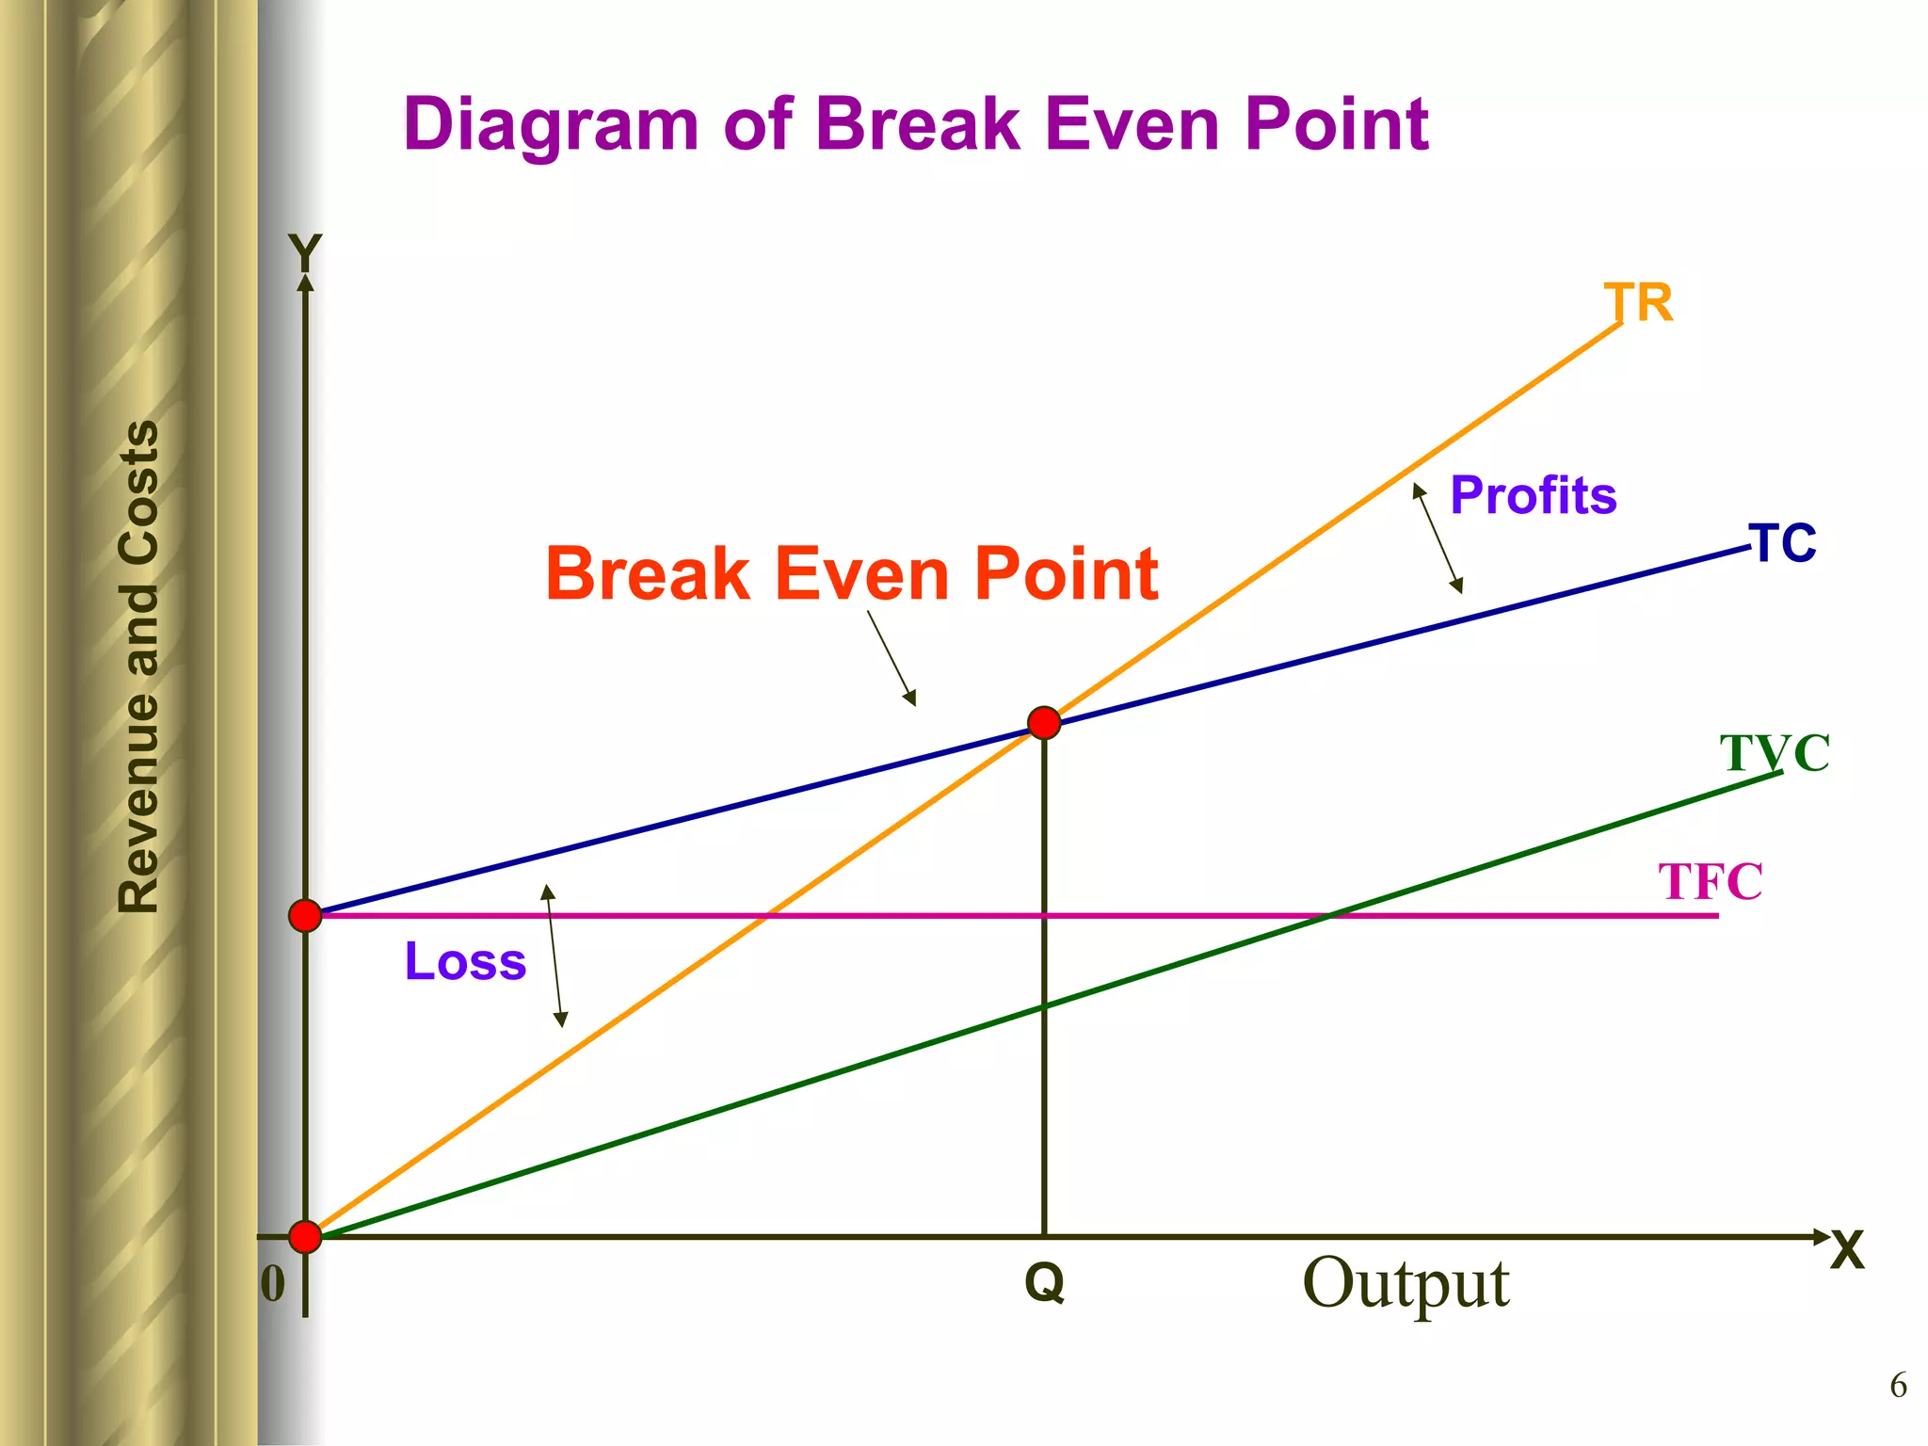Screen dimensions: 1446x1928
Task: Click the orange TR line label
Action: [1638, 303]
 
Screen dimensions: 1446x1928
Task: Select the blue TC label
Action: [1782, 544]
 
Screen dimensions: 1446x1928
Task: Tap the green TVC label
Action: [1775, 753]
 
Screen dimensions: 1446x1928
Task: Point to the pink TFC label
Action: [1710, 882]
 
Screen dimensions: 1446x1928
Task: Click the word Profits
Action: [1533, 495]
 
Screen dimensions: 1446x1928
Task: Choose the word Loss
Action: [465, 961]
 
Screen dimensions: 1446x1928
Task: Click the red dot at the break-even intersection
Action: [1044, 723]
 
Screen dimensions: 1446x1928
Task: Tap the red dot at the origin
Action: [305, 1236]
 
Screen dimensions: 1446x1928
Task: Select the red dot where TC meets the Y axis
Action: [305, 915]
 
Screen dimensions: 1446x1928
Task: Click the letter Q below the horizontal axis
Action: [1044, 1282]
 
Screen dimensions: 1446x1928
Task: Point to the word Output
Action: [1406, 1282]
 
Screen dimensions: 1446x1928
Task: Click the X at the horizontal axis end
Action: [1847, 1252]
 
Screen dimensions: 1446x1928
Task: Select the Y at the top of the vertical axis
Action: [305, 252]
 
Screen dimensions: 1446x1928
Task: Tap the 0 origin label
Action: [272, 1284]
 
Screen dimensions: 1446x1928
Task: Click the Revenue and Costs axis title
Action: [139, 667]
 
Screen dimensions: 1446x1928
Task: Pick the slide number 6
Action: [1898, 1386]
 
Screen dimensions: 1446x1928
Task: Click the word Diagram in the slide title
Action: [551, 124]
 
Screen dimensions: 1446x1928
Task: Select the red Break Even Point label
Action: [851, 574]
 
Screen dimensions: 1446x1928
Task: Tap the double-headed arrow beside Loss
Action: [554, 956]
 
